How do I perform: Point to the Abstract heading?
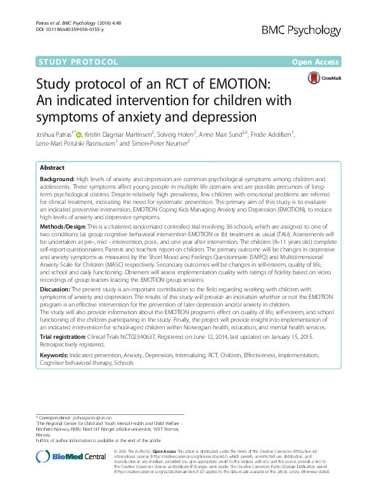(x=52, y=167)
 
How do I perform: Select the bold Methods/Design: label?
(x=63, y=225)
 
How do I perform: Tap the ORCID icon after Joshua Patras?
(x=78, y=134)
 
